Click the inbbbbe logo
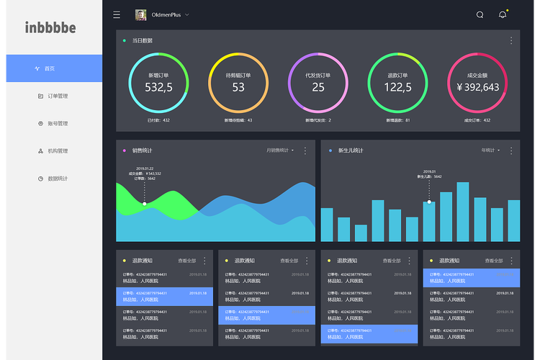point(50,28)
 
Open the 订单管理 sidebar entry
point(57,96)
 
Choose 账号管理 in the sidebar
point(57,123)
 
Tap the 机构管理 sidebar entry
point(57,151)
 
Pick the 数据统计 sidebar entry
point(57,179)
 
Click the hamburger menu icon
point(117,14)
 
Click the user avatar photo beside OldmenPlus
point(140,14)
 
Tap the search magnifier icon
point(480,14)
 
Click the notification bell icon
point(503,14)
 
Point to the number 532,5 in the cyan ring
point(158,87)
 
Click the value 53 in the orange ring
point(238,87)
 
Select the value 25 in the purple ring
point(318,87)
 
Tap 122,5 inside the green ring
point(397,87)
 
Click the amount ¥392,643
point(477,87)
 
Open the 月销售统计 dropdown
point(280,150)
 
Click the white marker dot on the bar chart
point(429,202)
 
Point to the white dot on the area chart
point(145,204)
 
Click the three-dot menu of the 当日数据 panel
point(511,40)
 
